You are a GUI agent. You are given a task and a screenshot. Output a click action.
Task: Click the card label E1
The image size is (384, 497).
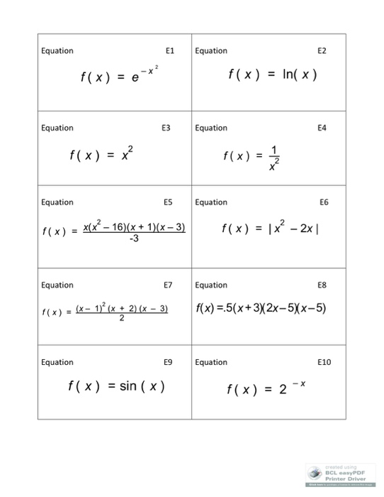pyautogui.click(x=169, y=51)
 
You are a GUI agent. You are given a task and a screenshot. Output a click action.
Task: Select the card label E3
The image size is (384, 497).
pyautogui.click(x=166, y=128)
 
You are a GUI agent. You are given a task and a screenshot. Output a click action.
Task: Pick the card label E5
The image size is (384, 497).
pyautogui.click(x=167, y=202)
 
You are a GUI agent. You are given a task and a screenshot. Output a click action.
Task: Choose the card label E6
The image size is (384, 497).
pyautogui.click(x=323, y=202)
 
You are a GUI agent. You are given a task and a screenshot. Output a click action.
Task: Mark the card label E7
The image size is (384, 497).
pyautogui.click(x=167, y=285)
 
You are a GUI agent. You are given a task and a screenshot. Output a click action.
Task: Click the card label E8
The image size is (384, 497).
pyautogui.click(x=323, y=285)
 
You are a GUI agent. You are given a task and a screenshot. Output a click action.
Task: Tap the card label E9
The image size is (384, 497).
pyautogui.click(x=167, y=362)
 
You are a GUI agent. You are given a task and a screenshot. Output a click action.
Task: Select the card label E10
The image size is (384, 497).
pyautogui.click(x=321, y=362)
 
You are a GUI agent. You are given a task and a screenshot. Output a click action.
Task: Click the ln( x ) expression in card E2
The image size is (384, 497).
pyautogui.click(x=297, y=75)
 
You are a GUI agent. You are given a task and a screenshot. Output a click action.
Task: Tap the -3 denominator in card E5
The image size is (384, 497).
pyautogui.click(x=134, y=238)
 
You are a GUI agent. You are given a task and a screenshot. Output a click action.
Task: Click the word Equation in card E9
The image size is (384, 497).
pyautogui.click(x=57, y=362)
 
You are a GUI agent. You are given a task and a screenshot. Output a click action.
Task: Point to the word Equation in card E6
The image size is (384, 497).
pyautogui.click(x=210, y=202)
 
